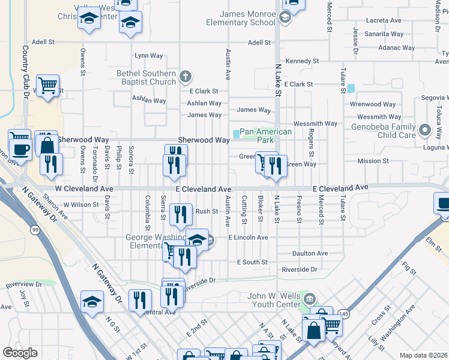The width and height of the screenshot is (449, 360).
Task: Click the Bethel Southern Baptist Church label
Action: click(146, 77)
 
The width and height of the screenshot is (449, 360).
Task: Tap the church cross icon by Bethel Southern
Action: click(186, 76)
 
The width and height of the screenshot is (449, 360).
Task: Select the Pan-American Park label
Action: click(266, 136)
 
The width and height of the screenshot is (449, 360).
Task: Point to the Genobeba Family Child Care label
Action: click(384, 131)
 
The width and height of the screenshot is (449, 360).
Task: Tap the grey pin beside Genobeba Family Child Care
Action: click(426, 130)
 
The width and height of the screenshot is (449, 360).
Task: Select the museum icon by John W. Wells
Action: click(310, 298)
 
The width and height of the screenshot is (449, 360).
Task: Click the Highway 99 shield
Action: click(35, 230)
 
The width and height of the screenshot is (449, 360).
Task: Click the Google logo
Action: click(20, 353)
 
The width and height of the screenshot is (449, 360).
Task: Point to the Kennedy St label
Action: click(302, 61)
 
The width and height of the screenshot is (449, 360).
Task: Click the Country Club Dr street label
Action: click(26, 73)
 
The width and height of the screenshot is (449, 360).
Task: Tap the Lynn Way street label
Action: click(149, 56)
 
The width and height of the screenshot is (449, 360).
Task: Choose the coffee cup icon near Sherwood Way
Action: click(20, 149)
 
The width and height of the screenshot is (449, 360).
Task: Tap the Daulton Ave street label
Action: click(310, 253)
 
